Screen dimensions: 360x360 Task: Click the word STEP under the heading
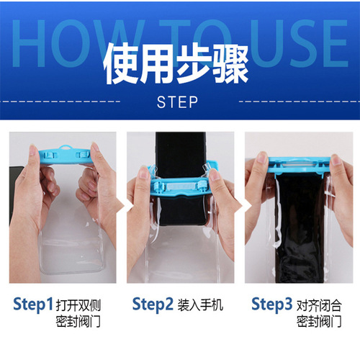click(x=177, y=102)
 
